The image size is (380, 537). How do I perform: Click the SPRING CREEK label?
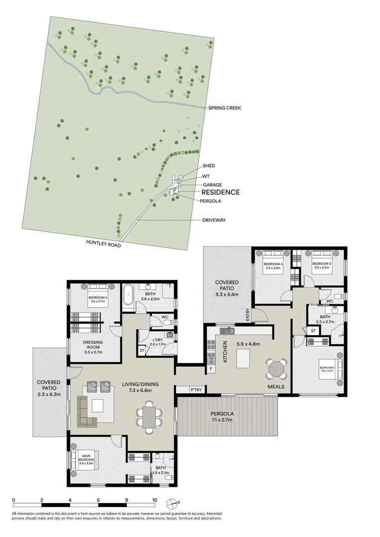(224, 108)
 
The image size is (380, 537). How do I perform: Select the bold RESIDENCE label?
(220, 192)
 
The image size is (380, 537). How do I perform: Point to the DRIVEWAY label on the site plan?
(214, 220)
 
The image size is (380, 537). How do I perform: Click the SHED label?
(209, 166)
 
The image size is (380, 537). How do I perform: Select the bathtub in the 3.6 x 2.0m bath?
(128, 297)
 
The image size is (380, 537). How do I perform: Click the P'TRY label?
(195, 390)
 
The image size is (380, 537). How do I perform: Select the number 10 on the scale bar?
(155, 501)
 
